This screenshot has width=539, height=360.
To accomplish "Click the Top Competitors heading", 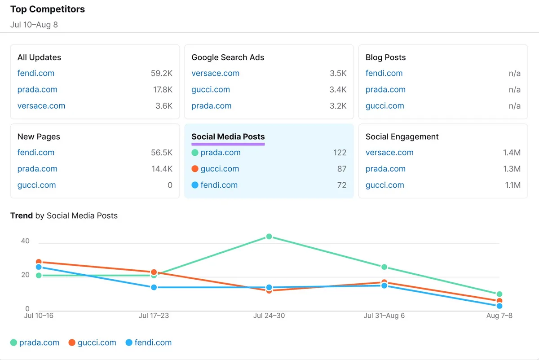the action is (x=48, y=9).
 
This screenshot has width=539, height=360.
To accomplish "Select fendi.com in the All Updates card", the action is (x=36, y=73).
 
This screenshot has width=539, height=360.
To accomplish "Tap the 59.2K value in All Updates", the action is (x=161, y=73).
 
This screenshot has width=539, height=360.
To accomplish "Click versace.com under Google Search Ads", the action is (x=215, y=73).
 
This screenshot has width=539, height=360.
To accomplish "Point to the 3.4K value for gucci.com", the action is (x=338, y=89).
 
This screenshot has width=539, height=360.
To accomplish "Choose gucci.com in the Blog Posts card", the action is (x=385, y=106).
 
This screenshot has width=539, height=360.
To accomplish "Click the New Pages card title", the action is (x=39, y=136).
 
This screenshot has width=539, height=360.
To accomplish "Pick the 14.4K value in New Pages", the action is (x=162, y=169).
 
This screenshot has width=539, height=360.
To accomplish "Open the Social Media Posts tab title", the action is (x=228, y=136).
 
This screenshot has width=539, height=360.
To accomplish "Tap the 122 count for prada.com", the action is (x=340, y=153).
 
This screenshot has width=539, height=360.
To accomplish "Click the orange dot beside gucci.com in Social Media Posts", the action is (x=195, y=169).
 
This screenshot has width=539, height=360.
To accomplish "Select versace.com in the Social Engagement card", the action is (x=389, y=153).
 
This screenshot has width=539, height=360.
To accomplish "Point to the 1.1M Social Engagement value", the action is (x=512, y=185).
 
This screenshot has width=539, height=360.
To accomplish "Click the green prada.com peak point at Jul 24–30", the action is (x=269, y=237).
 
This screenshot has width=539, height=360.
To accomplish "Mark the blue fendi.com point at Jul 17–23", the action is (x=154, y=287).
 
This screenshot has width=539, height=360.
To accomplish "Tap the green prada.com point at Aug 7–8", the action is (x=499, y=294).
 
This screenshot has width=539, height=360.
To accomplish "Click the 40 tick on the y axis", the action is (x=25, y=241).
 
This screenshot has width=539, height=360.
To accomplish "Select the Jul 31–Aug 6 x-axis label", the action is (x=384, y=316).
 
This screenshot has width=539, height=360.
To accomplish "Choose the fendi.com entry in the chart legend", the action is (x=149, y=342).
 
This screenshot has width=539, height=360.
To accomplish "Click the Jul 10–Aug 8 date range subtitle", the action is (x=34, y=25).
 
